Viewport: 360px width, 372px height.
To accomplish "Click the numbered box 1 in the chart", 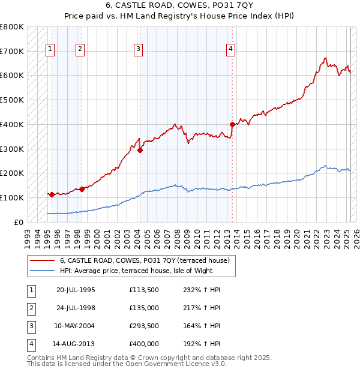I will click(50, 50).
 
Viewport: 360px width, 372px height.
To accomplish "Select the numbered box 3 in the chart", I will click(138, 50).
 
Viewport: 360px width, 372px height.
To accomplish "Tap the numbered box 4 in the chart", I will click(230, 50).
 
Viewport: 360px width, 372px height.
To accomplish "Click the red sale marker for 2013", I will click(232, 125).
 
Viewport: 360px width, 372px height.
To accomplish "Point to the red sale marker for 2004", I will click(140, 151).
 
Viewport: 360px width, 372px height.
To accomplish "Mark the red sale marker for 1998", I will click(82, 189).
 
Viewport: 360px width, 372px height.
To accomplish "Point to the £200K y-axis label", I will click(12, 173).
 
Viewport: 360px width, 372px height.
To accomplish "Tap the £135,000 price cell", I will click(144, 308).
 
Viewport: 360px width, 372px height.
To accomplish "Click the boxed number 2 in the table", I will click(30, 308).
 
